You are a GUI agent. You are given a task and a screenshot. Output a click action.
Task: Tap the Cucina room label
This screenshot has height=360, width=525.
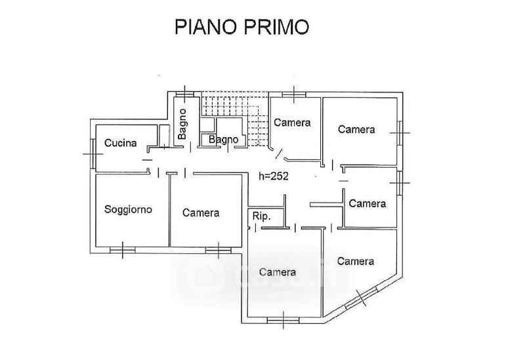(120, 143)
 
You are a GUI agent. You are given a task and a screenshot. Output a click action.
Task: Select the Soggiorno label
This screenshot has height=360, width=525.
(129, 210)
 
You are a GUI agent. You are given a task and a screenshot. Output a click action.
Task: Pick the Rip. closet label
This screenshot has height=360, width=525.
(261, 216)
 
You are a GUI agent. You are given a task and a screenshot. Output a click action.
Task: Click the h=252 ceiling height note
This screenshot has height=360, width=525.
(274, 176)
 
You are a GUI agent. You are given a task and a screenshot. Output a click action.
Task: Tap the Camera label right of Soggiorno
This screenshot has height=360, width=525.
(201, 212)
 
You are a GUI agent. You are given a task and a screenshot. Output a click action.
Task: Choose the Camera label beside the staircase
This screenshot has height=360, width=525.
(292, 123)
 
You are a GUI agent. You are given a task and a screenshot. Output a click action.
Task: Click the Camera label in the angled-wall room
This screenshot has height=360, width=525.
(355, 261)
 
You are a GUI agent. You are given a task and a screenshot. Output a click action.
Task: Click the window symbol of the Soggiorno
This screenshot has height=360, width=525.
(123, 249)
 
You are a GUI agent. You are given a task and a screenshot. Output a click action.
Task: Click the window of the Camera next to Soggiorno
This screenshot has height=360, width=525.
(215, 249)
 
